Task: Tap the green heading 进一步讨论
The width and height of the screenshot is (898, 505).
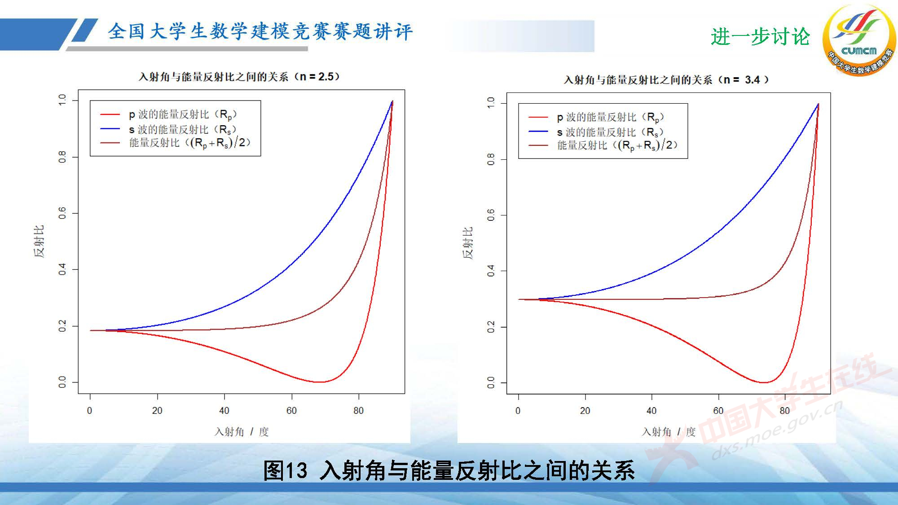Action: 760,36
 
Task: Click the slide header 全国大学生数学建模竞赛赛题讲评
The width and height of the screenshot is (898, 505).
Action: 260,31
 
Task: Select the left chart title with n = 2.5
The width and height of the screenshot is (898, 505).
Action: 239,77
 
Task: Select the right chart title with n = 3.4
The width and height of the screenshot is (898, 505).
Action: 666,80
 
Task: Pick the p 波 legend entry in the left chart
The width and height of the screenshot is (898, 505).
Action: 182,114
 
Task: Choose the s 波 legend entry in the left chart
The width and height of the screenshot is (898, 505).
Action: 182,130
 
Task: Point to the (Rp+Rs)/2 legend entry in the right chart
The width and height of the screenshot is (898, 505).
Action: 617,145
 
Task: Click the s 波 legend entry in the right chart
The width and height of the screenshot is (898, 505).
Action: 610,132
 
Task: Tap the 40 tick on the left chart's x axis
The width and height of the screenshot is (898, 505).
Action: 224,410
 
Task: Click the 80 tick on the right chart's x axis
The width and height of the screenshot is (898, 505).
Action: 784,410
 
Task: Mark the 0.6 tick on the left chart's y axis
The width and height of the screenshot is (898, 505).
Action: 62,213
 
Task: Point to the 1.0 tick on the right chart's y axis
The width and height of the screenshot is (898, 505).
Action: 491,103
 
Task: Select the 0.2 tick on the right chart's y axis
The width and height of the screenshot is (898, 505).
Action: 491,327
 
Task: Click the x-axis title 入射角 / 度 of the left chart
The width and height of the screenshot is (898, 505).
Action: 242,432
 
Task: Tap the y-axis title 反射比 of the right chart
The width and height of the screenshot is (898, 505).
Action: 468,243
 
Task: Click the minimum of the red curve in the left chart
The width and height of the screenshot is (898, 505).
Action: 318,382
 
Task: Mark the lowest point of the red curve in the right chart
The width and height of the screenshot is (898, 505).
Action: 763,382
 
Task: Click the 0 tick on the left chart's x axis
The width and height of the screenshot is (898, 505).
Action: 90,410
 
